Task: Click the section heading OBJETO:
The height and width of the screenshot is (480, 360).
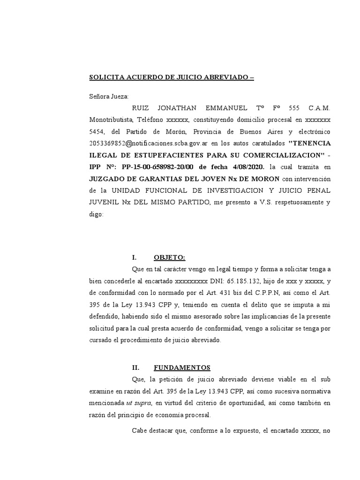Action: (169, 257)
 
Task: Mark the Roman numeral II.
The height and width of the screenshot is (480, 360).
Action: (137, 367)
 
